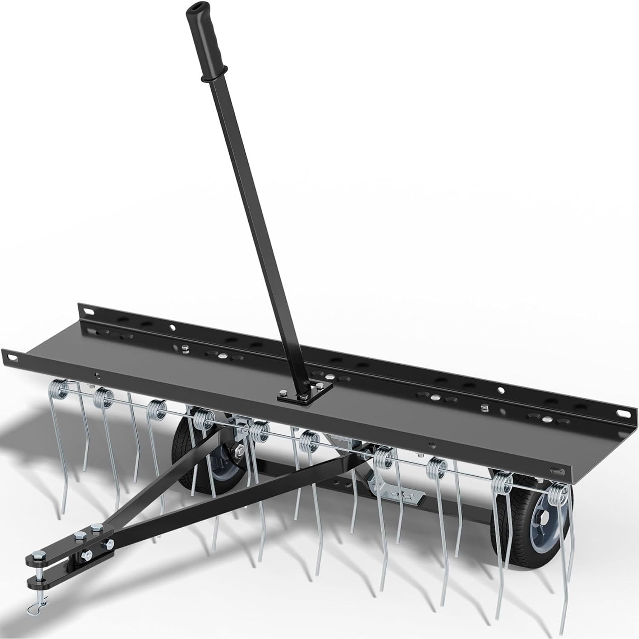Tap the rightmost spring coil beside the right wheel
(558, 494)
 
